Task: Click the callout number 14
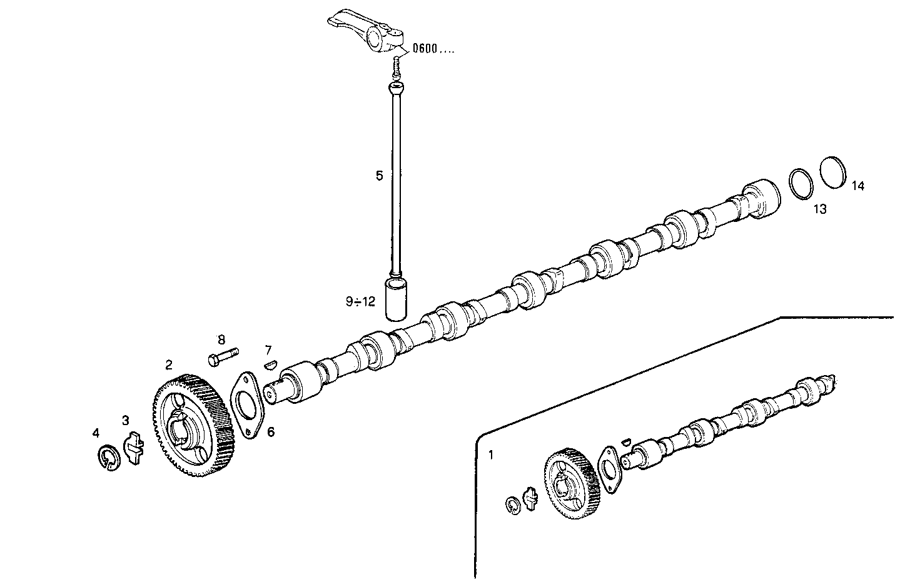click(x=858, y=186)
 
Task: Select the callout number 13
click(x=819, y=209)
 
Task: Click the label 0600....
click(x=433, y=48)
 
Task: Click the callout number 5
click(x=379, y=176)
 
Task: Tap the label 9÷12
click(x=360, y=302)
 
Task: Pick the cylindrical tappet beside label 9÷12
click(x=396, y=300)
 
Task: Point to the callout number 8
click(x=221, y=340)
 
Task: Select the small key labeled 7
click(x=270, y=363)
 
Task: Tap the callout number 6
click(x=270, y=432)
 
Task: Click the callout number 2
click(x=169, y=364)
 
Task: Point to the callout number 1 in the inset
click(x=491, y=456)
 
